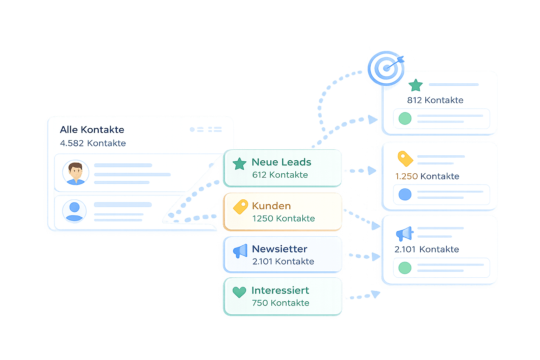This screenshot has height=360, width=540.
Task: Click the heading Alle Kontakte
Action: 92,130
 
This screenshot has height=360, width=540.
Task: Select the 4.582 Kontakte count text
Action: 93,143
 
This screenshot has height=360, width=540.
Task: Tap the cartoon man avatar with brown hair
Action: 76,173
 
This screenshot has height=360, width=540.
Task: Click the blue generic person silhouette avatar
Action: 74,211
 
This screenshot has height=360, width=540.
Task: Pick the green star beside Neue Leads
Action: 239,164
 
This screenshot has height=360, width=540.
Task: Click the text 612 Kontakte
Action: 280,175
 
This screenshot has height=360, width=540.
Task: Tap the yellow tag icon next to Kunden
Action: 241,207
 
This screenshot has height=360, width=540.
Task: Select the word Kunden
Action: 271,206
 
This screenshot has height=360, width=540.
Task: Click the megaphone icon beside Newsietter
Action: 240,251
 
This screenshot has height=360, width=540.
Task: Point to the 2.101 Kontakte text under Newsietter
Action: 283,261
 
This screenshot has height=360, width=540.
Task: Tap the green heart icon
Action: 239,292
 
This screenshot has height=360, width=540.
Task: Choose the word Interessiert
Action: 280,290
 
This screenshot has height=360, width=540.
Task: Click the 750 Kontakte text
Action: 281,303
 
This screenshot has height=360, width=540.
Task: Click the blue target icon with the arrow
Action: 386,68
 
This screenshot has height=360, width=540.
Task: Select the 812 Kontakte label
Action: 435,100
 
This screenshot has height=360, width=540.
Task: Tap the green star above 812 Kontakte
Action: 416,85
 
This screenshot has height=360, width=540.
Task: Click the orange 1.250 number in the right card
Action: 406,176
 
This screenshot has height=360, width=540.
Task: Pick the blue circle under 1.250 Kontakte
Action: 405,194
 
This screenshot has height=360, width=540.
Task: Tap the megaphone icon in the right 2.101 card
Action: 404,233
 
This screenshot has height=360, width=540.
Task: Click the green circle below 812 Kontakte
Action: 405,118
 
